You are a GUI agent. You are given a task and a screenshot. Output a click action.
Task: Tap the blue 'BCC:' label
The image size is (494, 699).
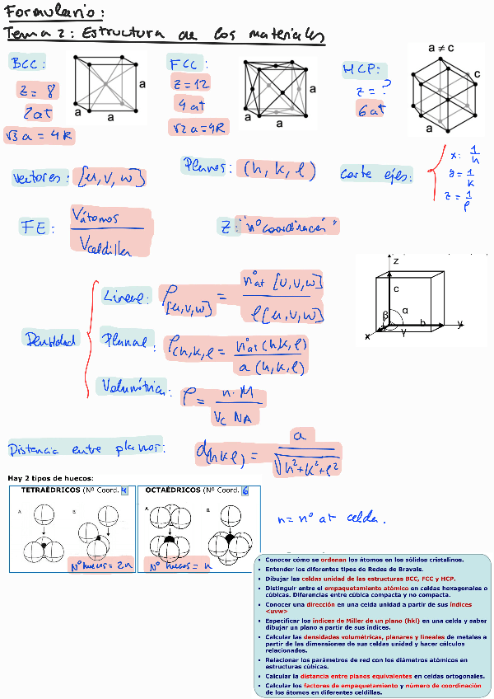(x=29, y=63)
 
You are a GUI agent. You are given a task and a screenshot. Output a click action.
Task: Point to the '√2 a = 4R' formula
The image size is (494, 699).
(x=198, y=127)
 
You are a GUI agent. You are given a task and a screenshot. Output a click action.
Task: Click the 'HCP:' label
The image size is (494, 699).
(x=361, y=71)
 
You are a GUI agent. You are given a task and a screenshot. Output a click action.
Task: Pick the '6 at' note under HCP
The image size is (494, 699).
(x=371, y=110)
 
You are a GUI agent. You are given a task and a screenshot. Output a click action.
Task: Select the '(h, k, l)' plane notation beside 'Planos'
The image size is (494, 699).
(x=280, y=170)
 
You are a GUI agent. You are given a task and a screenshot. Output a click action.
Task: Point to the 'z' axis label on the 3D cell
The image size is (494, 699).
(x=396, y=260)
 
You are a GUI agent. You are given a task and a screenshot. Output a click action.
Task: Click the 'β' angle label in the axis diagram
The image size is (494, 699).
(x=384, y=316)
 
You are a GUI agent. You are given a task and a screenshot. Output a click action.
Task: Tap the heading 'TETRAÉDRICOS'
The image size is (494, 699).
(x=49, y=490)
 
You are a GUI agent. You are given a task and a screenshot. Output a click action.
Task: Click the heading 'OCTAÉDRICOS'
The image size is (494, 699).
(x=174, y=490)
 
